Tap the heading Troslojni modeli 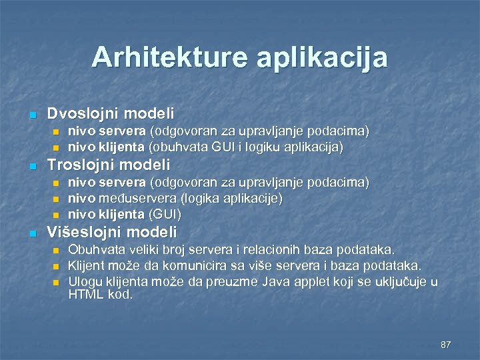pos(109,165)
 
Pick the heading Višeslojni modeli pos(112,232)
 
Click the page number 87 pos(446,345)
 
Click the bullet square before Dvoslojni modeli pos(32,115)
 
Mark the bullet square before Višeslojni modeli pos(32,233)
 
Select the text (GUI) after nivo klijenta pos(165,214)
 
